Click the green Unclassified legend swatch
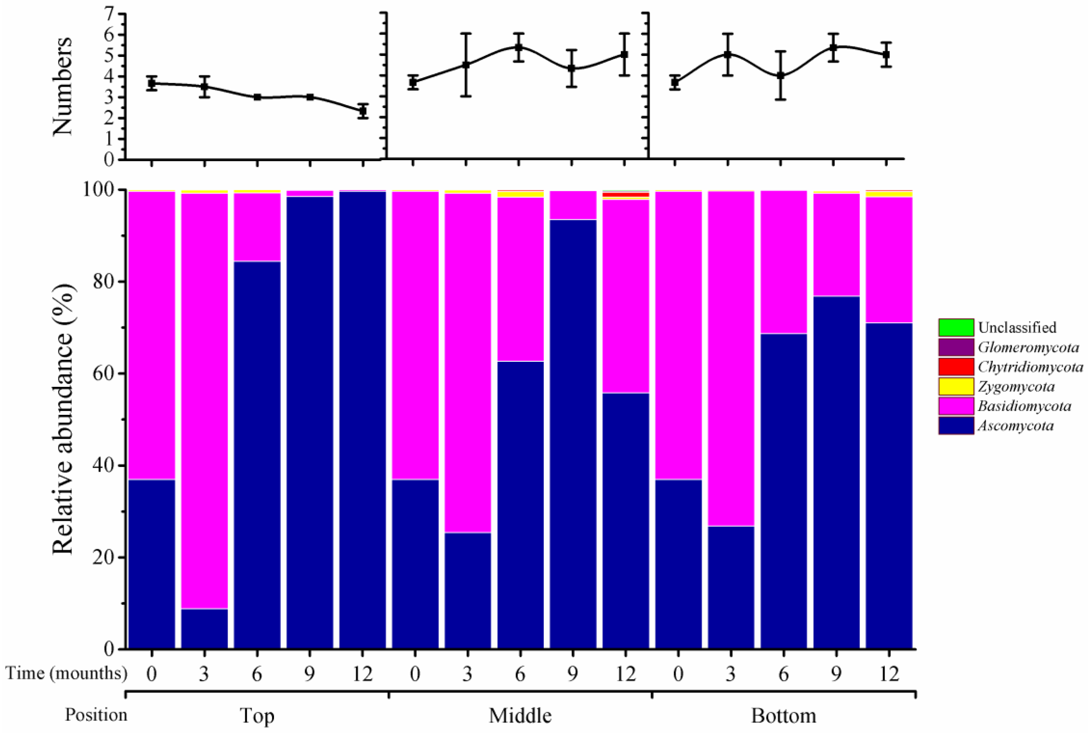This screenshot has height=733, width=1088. (956, 327)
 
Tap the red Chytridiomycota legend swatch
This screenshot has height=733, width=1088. (956, 367)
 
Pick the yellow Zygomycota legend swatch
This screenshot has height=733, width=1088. (956, 387)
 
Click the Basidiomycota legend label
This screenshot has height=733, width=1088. (1024, 406)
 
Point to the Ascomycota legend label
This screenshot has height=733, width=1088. (1015, 426)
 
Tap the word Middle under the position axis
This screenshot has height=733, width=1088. (520, 716)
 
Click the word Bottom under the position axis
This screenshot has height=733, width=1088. (784, 716)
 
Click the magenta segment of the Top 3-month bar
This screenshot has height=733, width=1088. (204, 397)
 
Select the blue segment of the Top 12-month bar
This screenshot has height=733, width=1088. (363, 421)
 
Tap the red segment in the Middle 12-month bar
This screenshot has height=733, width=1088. (626, 195)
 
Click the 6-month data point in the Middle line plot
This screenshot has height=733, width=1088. (518, 47)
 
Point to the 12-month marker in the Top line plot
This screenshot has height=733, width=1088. (363, 111)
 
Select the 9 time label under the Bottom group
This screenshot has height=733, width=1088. (836, 674)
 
